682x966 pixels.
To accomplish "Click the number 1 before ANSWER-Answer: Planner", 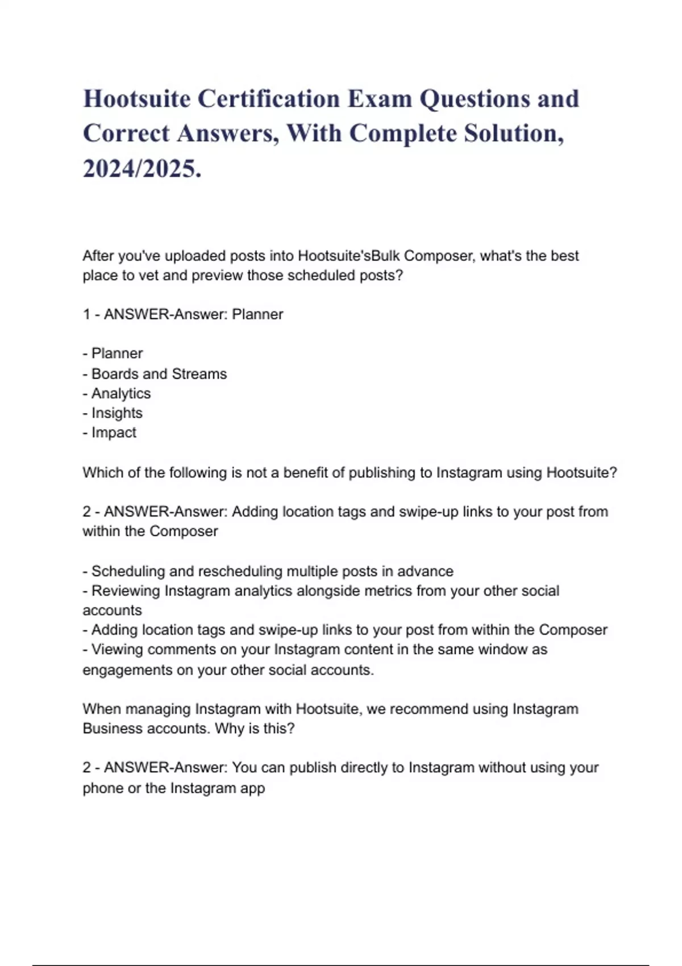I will (x=86, y=314).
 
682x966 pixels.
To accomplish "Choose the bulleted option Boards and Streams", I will (x=159, y=374).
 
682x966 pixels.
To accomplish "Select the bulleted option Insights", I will (x=117, y=413).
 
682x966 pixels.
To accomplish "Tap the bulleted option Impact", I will (x=114, y=432).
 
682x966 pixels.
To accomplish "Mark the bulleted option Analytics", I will (x=120, y=393).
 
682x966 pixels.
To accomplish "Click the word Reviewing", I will (x=126, y=591).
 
